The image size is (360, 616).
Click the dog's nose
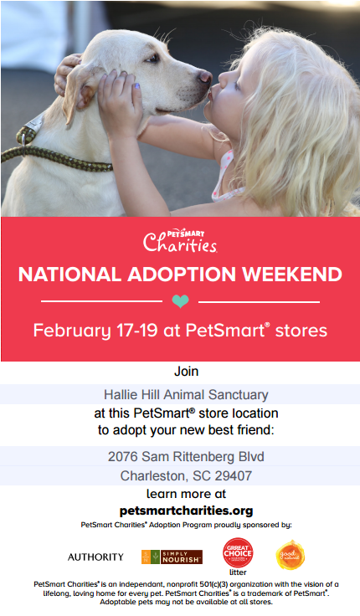[x=205, y=76]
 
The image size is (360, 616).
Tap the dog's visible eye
[x=152, y=58]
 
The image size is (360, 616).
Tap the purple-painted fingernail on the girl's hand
[x=136, y=85]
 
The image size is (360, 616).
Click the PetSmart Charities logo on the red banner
[x=180, y=241]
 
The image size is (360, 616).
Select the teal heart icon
[x=180, y=301]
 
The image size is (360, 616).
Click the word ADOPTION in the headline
[x=182, y=275]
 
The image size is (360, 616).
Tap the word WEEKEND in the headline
[x=292, y=275]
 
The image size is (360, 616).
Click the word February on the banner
[x=72, y=331]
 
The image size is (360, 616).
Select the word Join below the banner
[x=187, y=372]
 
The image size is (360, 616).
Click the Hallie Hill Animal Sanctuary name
[x=186, y=394]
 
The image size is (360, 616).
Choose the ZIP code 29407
[x=234, y=475]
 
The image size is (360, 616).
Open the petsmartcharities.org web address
[x=187, y=511]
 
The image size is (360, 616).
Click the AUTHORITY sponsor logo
[x=95, y=557]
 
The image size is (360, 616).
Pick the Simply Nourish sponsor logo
[x=172, y=557]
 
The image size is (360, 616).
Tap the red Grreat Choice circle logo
[x=238, y=552]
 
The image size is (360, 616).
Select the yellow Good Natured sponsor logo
[x=291, y=555]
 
